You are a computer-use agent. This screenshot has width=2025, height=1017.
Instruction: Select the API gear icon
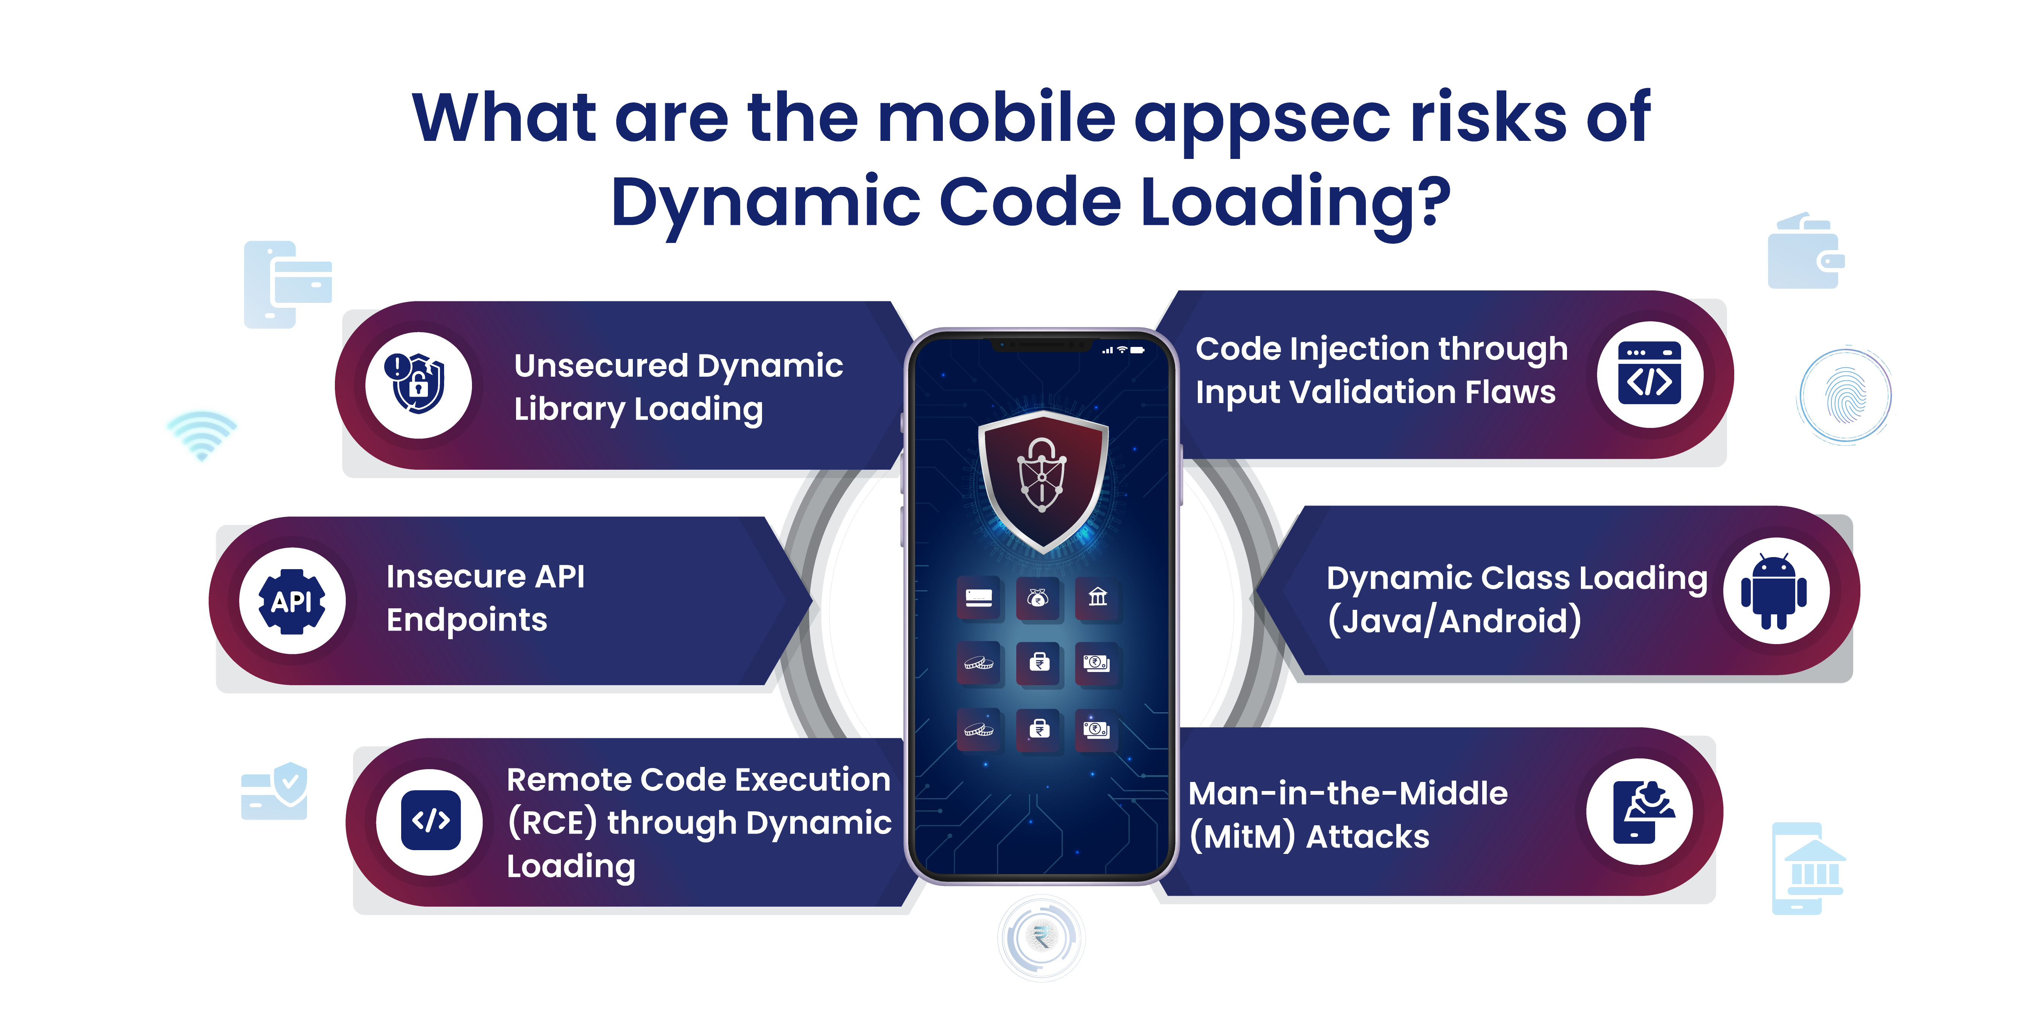coord(292,601)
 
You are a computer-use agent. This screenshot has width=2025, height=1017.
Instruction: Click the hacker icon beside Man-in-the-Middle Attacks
coord(1643,812)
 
